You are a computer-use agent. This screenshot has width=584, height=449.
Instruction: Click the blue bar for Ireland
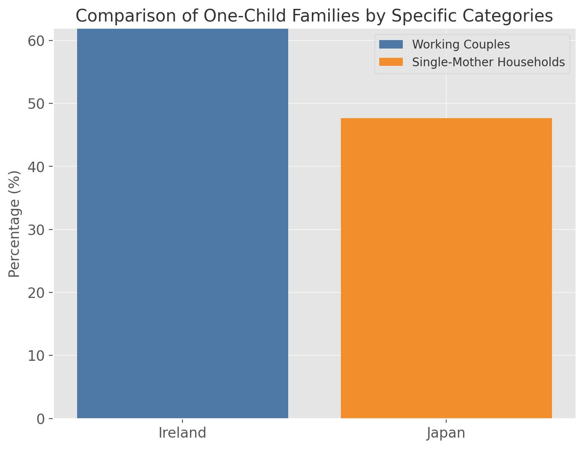(x=182, y=224)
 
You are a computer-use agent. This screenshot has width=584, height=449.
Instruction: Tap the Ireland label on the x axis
(x=182, y=433)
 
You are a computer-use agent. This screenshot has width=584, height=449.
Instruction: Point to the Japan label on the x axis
(x=446, y=433)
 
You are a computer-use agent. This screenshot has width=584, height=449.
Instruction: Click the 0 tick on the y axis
(x=41, y=419)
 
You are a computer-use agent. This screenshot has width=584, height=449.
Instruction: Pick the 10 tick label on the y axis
(x=36, y=356)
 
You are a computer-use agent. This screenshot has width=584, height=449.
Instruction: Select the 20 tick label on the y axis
(x=36, y=293)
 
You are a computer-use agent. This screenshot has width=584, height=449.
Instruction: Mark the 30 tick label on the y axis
(x=36, y=230)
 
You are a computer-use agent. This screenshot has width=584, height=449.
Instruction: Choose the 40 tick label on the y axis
(x=36, y=167)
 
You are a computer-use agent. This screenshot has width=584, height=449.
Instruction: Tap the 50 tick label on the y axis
(x=36, y=104)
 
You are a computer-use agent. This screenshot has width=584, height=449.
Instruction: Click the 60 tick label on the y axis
(x=36, y=41)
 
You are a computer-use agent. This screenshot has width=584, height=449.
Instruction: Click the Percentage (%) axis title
(x=15, y=224)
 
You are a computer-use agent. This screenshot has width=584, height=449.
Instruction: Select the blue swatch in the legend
(x=391, y=44)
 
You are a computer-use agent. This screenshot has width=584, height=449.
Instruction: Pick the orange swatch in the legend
(x=391, y=62)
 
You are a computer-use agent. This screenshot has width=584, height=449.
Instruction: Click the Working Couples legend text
(x=461, y=44)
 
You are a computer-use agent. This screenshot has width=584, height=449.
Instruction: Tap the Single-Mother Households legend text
(x=488, y=62)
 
